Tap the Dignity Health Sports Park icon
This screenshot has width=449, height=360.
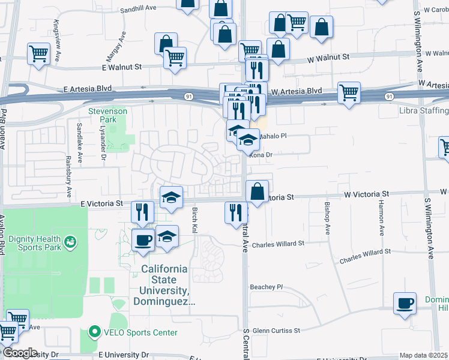[71, 241]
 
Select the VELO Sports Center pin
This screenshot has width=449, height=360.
[94, 332]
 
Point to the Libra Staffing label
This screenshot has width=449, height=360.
[424, 110]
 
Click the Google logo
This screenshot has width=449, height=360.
[20, 353]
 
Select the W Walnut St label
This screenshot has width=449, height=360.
[328, 57]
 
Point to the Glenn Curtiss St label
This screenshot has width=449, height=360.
[276, 331]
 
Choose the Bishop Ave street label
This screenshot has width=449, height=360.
[327, 218]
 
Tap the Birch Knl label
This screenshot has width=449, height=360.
[194, 220]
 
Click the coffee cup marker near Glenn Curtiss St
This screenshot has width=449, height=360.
[405, 302]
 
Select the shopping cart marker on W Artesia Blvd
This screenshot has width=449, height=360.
[349, 92]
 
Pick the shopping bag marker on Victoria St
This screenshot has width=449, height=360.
[257, 191]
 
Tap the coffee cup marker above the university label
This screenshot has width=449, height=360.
[143, 239]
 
